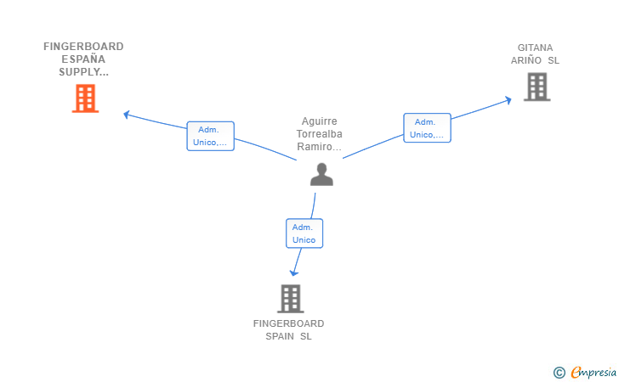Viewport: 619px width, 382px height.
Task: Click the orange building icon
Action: (x=85, y=98)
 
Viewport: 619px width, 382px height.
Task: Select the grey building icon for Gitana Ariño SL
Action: (x=537, y=87)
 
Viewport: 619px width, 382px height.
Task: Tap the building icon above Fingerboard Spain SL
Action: (x=291, y=299)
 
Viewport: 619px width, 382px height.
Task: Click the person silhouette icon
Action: (x=321, y=174)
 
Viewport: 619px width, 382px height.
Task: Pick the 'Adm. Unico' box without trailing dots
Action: (x=304, y=233)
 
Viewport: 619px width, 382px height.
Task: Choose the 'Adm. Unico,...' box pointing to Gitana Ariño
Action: (x=427, y=128)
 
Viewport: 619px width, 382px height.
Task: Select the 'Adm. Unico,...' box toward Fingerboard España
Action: (x=210, y=136)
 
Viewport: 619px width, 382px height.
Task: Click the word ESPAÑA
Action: (x=83, y=59)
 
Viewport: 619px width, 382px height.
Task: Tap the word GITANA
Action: (x=536, y=48)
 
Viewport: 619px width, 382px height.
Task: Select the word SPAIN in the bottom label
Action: (x=280, y=336)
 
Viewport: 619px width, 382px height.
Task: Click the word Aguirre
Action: (x=320, y=121)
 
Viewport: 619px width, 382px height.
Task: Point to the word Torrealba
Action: (x=320, y=134)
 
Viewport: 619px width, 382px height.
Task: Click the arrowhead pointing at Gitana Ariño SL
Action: (x=508, y=100)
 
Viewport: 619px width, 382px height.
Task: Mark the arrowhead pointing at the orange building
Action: (x=127, y=115)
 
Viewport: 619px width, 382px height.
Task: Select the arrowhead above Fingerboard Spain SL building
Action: (x=294, y=272)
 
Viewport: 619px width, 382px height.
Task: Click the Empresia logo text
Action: (x=593, y=372)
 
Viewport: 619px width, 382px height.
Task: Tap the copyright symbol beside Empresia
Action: (x=559, y=373)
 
